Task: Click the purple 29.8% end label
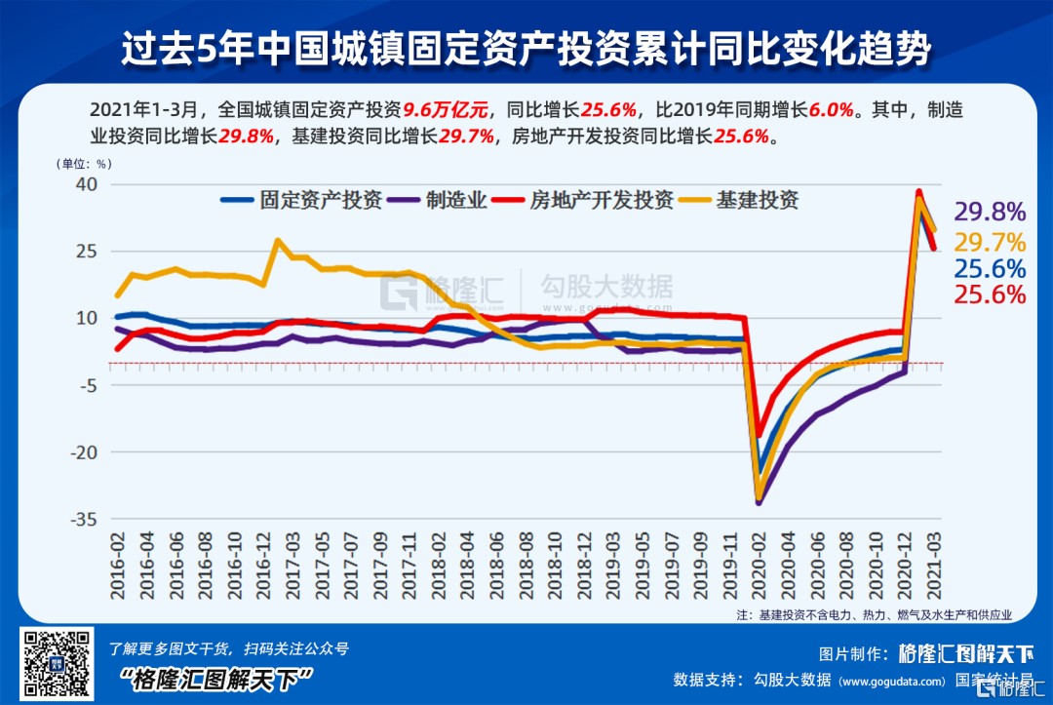990,213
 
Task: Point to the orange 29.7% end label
990,242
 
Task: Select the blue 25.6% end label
990,269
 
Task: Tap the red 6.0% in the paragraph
832,109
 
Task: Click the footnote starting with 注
874,615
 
